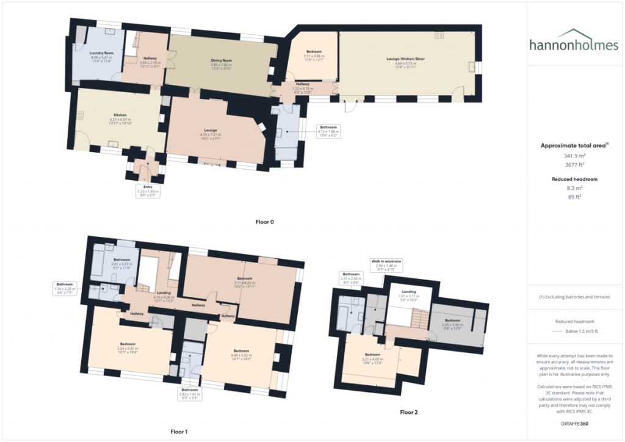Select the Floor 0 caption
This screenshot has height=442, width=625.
pyautogui.click(x=264, y=222)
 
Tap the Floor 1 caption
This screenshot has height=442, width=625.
pyautogui.click(x=178, y=432)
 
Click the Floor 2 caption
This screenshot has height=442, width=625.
pyautogui.click(x=409, y=412)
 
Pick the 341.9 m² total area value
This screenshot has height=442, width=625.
pyautogui.click(x=573, y=156)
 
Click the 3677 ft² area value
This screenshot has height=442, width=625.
pyautogui.click(x=573, y=165)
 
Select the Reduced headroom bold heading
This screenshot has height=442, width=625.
pyautogui.click(x=573, y=179)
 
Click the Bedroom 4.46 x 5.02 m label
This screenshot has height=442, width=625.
pyautogui.click(x=244, y=353)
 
